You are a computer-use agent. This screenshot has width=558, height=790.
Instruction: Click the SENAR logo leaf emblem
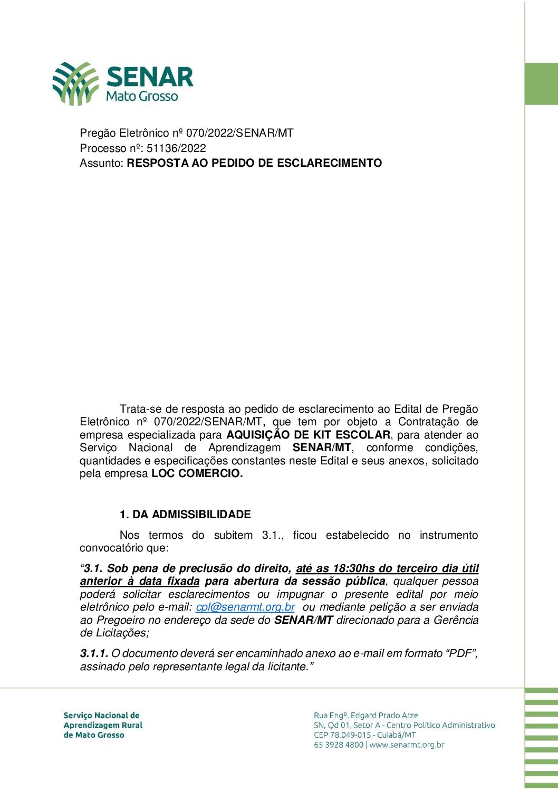click(x=75, y=83)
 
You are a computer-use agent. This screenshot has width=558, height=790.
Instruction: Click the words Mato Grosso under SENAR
click(x=142, y=97)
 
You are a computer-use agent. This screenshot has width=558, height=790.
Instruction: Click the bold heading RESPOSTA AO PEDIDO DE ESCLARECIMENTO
click(x=254, y=163)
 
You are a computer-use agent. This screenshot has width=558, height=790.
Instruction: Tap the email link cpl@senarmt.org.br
click(x=245, y=607)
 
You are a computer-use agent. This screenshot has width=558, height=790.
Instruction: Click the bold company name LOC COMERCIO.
click(x=197, y=473)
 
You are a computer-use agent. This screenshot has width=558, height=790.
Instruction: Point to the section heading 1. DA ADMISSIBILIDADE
click(x=185, y=515)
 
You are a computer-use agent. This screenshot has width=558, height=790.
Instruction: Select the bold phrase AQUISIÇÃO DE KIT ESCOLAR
click(x=309, y=435)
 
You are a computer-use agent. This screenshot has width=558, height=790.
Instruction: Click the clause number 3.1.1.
click(x=94, y=653)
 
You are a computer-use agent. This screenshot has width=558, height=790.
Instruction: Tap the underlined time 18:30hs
click(x=353, y=568)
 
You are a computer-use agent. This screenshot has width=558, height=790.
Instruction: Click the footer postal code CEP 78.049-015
click(x=342, y=735)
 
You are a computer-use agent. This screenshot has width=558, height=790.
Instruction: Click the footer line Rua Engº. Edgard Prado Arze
click(x=365, y=716)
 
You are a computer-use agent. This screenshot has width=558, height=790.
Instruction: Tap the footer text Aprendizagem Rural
click(x=103, y=725)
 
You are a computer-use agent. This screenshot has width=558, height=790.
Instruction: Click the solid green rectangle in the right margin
click(x=541, y=84)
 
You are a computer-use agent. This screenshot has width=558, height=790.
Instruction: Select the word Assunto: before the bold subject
click(x=102, y=163)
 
